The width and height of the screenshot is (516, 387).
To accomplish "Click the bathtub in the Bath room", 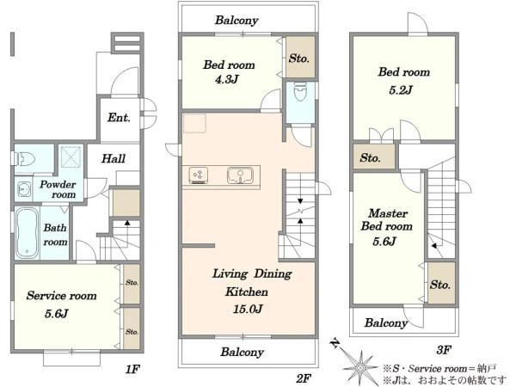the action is click(27, 233).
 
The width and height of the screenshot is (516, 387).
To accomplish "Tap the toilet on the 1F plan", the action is click(25, 159).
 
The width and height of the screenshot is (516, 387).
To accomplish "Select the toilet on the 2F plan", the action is click(300, 91).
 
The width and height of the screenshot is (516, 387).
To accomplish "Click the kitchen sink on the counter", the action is click(240, 175).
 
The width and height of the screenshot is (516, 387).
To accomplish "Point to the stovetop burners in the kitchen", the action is click(198, 175).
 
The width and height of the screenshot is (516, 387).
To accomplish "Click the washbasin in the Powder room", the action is click(24, 189).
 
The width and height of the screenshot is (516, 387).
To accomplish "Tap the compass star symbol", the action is click(360, 366).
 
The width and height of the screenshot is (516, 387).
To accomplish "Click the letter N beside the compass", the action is click(335, 343).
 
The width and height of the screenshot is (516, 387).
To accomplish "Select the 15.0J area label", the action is click(248, 309).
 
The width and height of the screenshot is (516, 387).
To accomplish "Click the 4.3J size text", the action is click(226, 79).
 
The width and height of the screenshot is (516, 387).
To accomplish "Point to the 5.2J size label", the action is click(401, 89).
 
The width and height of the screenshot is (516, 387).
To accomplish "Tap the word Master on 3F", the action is click(388, 213).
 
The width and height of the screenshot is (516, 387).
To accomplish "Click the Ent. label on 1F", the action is click(119, 118).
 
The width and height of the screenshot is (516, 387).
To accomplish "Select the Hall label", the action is click(114, 158).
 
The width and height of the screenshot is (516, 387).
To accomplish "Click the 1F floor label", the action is click(132, 369).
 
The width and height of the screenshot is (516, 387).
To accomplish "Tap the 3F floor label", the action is click(444, 350).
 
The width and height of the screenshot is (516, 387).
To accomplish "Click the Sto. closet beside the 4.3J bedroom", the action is click(300, 57).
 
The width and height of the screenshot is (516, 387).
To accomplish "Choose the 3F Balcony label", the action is click(385, 322).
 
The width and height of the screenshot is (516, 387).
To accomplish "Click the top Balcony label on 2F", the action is click(236, 21).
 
